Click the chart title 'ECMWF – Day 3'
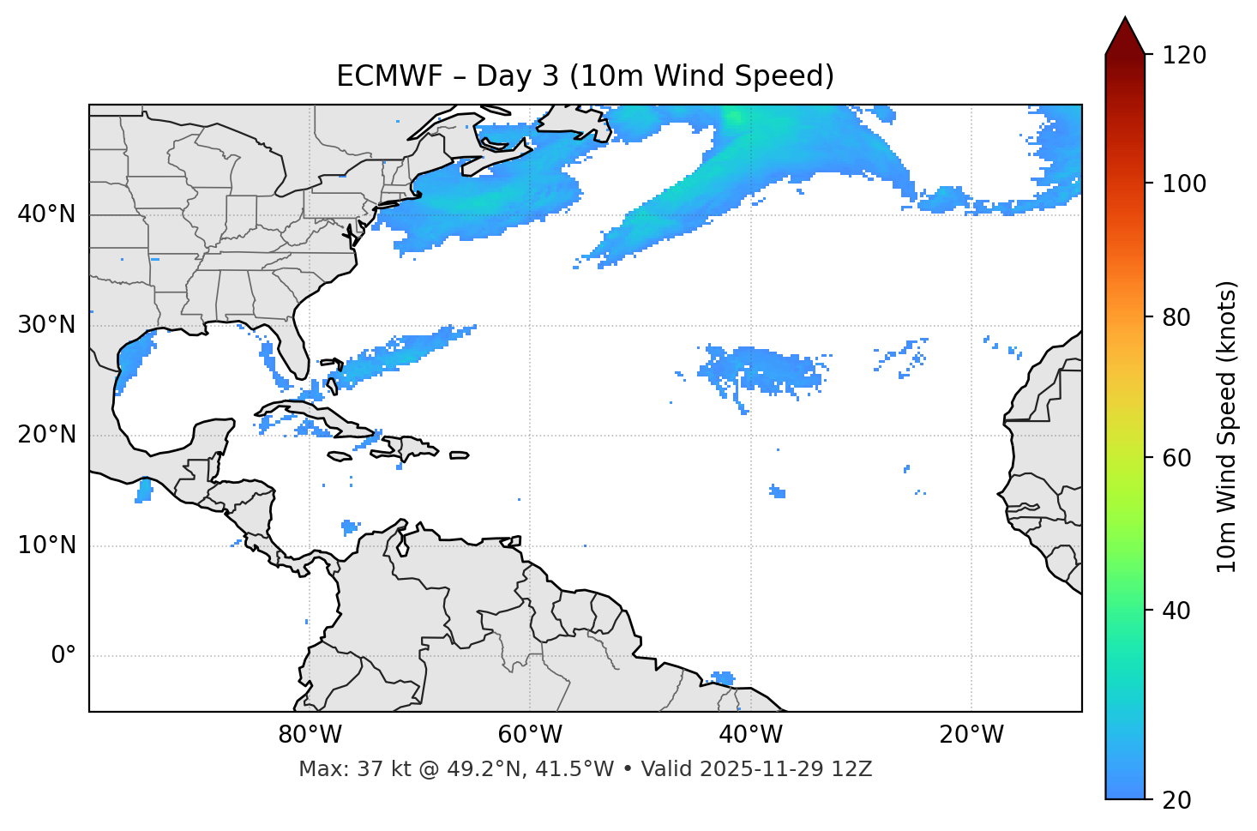coord(585,76)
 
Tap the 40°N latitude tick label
coord(46,214)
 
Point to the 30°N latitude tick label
coord(46,325)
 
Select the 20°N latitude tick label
coord(46,435)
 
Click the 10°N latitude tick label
coord(46,545)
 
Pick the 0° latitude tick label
coord(63,656)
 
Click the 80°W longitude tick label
coord(310,735)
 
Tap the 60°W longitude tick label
coord(530,735)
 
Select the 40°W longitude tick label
coord(750,735)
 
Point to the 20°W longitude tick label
coord(971,735)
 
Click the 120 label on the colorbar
coord(1186,55)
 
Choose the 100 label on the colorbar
coord(1186,184)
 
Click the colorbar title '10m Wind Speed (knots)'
coord(1227,426)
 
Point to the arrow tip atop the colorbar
coord(1125,19)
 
